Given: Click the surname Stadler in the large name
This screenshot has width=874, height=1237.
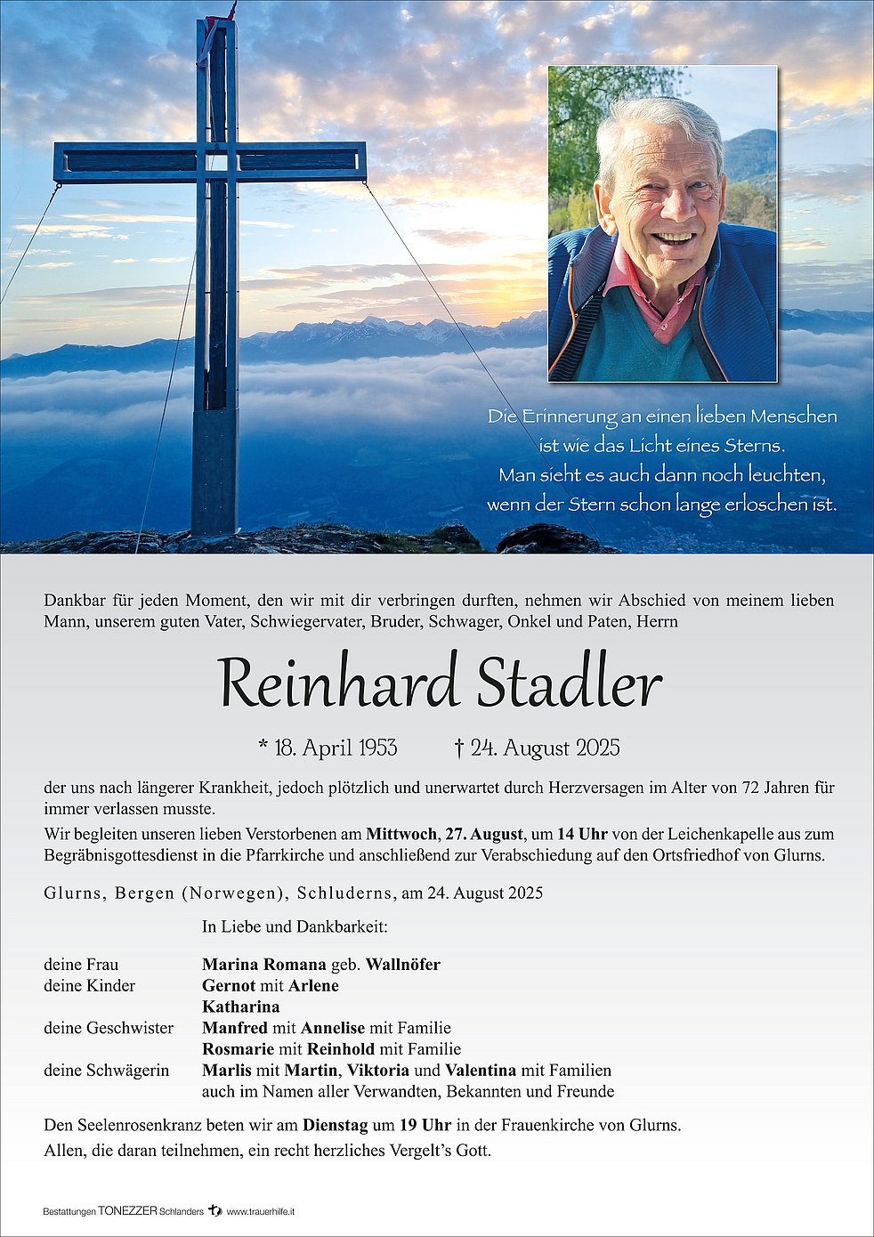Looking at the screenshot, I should (x=570, y=684).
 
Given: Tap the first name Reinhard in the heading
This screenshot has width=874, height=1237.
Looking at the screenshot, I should (x=338, y=684).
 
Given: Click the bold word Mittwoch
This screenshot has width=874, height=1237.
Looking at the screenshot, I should (x=401, y=834).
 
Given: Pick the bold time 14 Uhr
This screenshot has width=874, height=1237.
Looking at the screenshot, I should (x=582, y=834).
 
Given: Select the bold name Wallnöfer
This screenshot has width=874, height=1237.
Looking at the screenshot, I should (x=403, y=965).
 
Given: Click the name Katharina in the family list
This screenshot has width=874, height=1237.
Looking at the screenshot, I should (x=241, y=1007).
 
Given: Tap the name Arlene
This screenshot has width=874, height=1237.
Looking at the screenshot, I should (x=312, y=985).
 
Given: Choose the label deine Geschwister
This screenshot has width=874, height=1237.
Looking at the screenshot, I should (x=109, y=1028).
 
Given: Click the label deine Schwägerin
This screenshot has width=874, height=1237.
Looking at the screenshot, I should (x=107, y=1070).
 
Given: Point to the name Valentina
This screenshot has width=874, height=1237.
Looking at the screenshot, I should (x=481, y=1070).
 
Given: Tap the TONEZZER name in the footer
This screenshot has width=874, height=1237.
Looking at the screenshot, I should (x=127, y=1211).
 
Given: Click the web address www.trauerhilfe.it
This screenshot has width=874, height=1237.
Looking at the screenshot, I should (x=261, y=1212).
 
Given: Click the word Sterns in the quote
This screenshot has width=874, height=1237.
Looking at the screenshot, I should (x=754, y=445).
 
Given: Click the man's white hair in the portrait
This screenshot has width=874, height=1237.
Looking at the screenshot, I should (x=659, y=120).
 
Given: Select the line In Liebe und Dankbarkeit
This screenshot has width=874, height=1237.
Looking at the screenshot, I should (x=295, y=926).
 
